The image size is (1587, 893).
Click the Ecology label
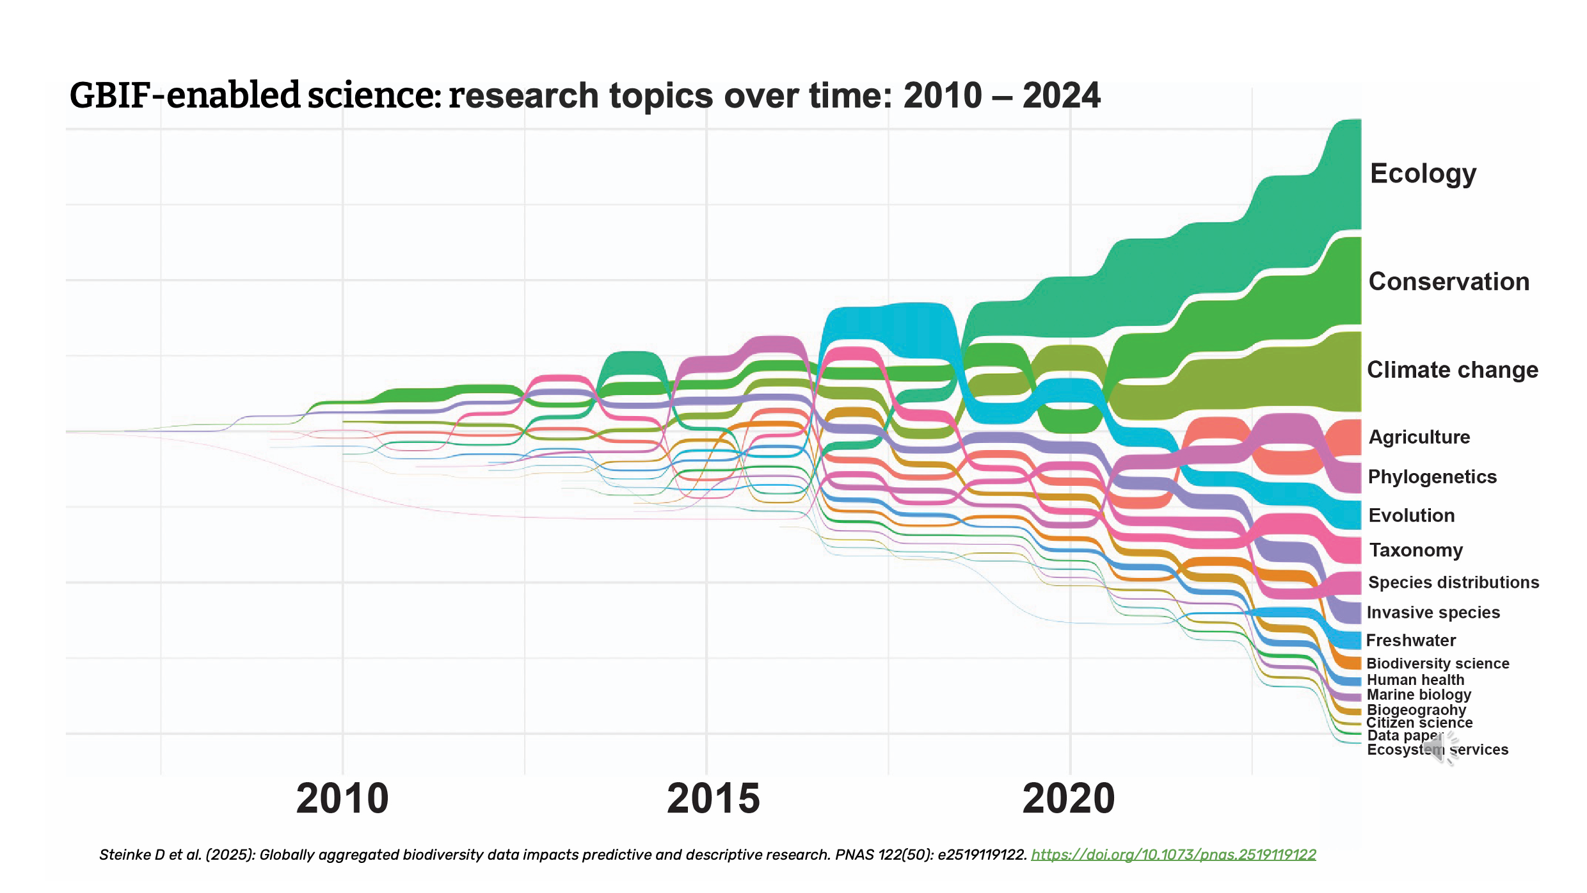pos(1423,173)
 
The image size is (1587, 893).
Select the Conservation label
pos(1449,282)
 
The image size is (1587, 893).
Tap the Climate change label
pos(1453,370)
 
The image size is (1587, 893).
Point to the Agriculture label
pos(1419,437)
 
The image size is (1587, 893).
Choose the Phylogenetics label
pos(1432,477)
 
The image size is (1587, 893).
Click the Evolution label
pos(1412,515)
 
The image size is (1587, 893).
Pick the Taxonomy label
pos(1416,550)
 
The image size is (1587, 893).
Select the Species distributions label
pos(1453,583)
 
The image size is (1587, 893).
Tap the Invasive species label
pos(1433,613)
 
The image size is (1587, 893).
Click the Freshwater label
pos(1411,640)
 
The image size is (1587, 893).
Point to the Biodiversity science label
pos(1438,664)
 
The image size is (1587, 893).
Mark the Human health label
pos(1416,680)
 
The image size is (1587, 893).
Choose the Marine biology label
pos(1419,695)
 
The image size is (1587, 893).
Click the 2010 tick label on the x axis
pos(342,799)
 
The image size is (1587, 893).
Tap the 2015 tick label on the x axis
pos(713,799)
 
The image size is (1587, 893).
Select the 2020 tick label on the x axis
pos(1069,799)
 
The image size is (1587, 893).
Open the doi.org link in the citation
pos(1174,855)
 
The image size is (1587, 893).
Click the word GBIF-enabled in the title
pos(185,95)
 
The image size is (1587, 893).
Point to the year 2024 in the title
pos(1061,95)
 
